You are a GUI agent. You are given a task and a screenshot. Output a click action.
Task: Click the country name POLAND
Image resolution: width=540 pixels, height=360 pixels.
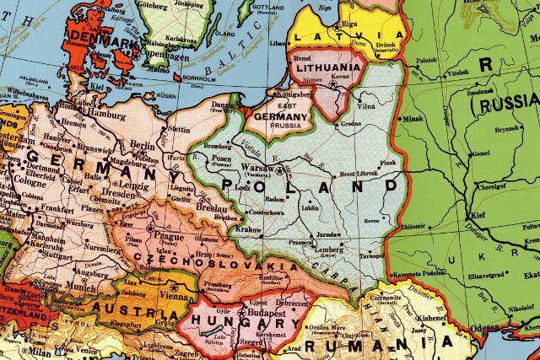click(x=308, y=184)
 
